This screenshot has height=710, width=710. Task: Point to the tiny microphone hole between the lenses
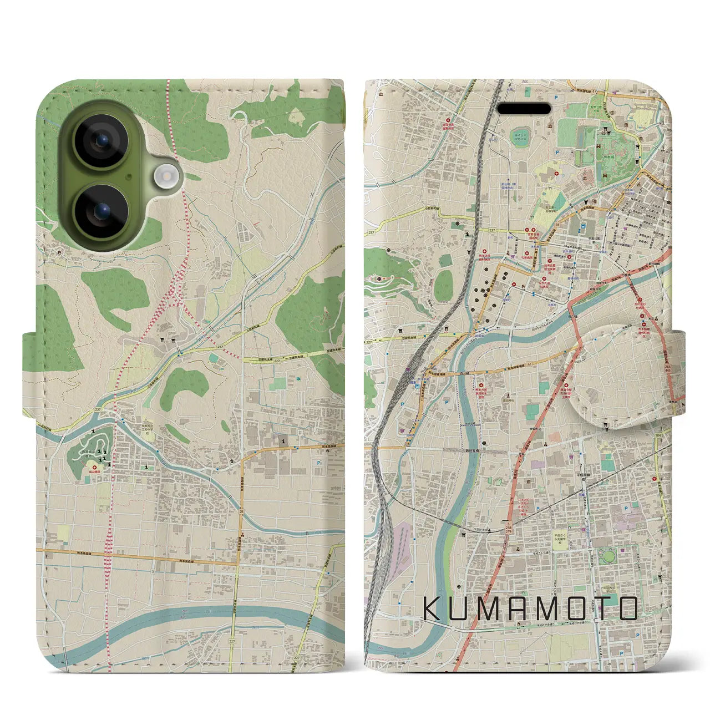click(129, 176)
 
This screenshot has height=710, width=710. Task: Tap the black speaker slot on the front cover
click(524, 108)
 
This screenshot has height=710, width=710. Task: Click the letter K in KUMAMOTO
click(433, 608)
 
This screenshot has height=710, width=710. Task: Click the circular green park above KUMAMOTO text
click(607, 555)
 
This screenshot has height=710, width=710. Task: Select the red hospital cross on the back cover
click(95, 468)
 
